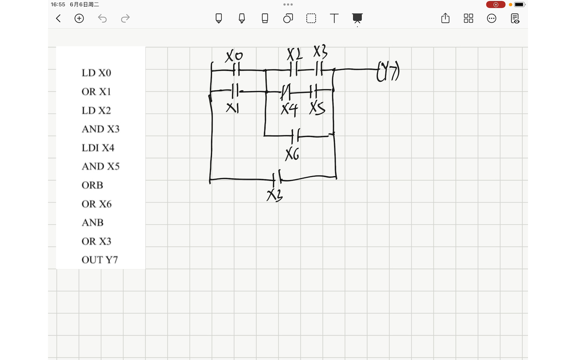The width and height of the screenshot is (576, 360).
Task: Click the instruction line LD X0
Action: [x=96, y=73]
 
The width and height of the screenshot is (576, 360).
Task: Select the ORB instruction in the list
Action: [x=92, y=185]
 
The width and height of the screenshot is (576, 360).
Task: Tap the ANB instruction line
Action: [x=92, y=222]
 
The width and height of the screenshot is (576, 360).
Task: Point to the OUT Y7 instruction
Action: [x=100, y=260]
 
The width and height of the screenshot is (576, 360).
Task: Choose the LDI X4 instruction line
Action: [x=98, y=148]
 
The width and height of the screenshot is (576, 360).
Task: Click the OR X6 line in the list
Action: [x=96, y=204]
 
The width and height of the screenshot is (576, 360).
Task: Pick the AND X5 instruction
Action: [x=100, y=166]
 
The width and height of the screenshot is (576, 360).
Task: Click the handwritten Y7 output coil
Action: [x=388, y=72]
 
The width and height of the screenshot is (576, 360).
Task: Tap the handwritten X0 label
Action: [x=234, y=56]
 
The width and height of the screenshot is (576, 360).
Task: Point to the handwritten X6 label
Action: [x=292, y=154]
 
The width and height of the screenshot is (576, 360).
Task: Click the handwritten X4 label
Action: [x=289, y=109]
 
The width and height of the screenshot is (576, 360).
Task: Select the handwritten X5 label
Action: [x=317, y=108]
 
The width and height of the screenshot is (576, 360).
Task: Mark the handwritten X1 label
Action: [x=232, y=108]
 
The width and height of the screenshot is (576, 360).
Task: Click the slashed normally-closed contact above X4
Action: [x=286, y=91]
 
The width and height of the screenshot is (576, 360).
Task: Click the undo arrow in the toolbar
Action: [x=102, y=18]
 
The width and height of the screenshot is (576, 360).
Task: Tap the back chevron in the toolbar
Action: [x=58, y=18]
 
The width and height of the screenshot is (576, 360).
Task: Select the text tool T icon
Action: [x=334, y=18]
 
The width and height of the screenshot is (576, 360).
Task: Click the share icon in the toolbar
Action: [x=445, y=18]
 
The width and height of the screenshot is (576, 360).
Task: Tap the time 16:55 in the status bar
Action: [x=58, y=4]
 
